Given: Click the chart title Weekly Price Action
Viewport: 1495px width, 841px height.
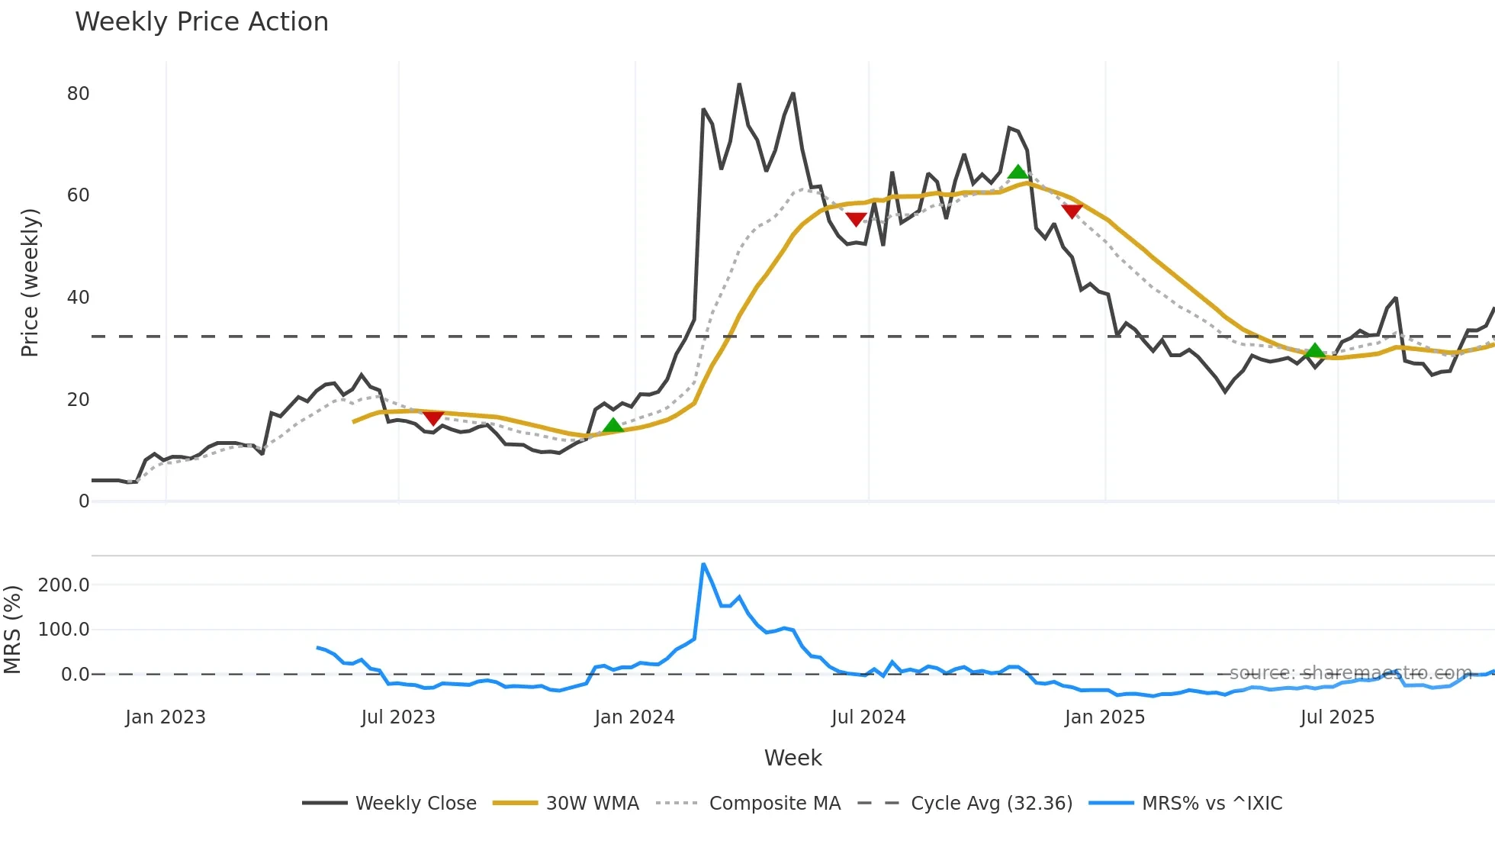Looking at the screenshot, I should pyautogui.click(x=201, y=22).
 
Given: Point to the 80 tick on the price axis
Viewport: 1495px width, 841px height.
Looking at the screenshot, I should pyautogui.click(x=78, y=94).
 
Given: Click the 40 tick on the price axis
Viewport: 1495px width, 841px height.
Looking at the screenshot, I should pyautogui.click(x=78, y=298).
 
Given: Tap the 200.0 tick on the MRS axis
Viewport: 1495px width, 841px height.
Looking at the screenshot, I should pyautogui.click(x=64, y=585).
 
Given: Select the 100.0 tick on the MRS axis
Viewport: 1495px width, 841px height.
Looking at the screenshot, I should pyautogui.click(x=64, y=630).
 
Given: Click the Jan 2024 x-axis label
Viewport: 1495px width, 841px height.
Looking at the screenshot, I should pyautogui.click(x=635, y=717).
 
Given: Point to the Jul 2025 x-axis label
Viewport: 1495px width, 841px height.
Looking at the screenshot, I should pyautogui.click(x=1337, y=717).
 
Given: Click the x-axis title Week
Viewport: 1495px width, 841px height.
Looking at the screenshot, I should pyautogui.click(x=793, y=758).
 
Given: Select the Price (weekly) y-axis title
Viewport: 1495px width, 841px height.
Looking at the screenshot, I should pyautogui.click(x=30, y=282).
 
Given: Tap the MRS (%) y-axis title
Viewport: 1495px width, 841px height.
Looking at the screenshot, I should pyautogui.click(x=12, y=630).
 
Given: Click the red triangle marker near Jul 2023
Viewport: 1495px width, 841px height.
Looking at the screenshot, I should pyautogui.click(x=432, y=418).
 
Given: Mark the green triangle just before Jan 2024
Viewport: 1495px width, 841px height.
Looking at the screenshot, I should pyautogui.click(x=612, y=425).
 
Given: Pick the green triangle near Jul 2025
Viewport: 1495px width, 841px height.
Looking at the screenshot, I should pyautogui.click(x=1314, y=350).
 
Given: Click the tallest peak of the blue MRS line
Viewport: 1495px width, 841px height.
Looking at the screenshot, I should pyautogui.click(x=703, y=565).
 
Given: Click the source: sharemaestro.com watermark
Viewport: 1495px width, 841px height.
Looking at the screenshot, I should pyautogui.click(x=1350, y=673).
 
